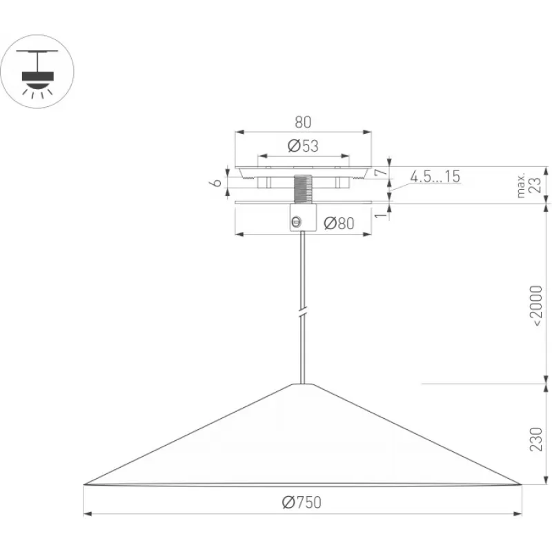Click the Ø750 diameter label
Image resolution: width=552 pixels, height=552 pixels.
(x=302, y=502)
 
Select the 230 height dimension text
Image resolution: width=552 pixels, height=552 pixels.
(x=536, y=440)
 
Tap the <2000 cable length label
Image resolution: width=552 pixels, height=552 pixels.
(x=536, y=306)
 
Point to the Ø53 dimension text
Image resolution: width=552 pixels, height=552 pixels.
(x=303, y=146)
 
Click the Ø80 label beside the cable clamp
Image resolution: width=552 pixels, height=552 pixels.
(x=339, y=223)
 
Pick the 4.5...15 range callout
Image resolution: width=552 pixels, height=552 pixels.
(x=435, y=177)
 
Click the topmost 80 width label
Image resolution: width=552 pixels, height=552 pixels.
(x=303, y=122)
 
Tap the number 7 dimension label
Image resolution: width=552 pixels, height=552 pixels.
(x=381, y=172)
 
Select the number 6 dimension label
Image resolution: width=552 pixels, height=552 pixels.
(x=217, y=182)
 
